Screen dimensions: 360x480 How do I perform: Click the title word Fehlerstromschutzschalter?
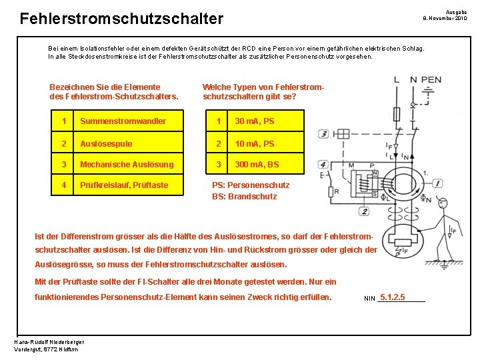(x=121, y=19)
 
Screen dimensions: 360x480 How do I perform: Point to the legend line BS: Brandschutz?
(x=244, y=197)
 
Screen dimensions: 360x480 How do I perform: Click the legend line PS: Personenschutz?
(x=251, y=185)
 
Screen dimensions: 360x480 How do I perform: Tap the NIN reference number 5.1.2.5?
(x=392, y=297)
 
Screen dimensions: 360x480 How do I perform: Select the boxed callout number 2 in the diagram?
(x=363, y=211)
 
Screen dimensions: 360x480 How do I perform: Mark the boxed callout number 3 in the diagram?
(x=324, y=133)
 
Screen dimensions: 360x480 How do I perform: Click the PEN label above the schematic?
(x=431, y=79)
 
